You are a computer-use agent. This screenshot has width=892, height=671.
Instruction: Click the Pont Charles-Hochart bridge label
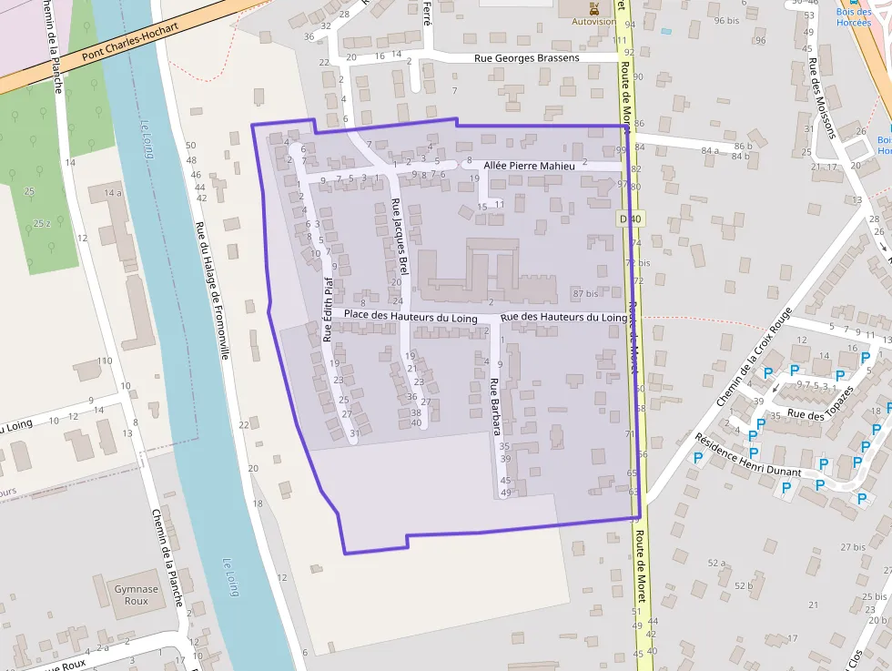pyautogui.click(x=129, y=41)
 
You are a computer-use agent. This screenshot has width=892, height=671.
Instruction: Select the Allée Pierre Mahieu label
pyautogui.click(x=530, y=166)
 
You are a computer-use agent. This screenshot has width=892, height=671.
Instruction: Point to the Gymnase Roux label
pyautogui.click(x=137, y=595)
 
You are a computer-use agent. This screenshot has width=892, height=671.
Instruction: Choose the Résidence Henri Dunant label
pyautogui.click(x=747, y=454)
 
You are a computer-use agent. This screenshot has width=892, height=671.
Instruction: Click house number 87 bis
pyautogui.click(x=585, y=293)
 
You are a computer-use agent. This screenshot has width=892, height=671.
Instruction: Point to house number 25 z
pyautogui.click(x=42, y=223)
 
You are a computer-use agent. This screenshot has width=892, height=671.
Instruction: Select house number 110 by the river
pyautogui.click(x=105, y=361)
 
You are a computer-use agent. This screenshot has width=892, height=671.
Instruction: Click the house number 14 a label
pyautogui.click(x=112, y=193)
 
